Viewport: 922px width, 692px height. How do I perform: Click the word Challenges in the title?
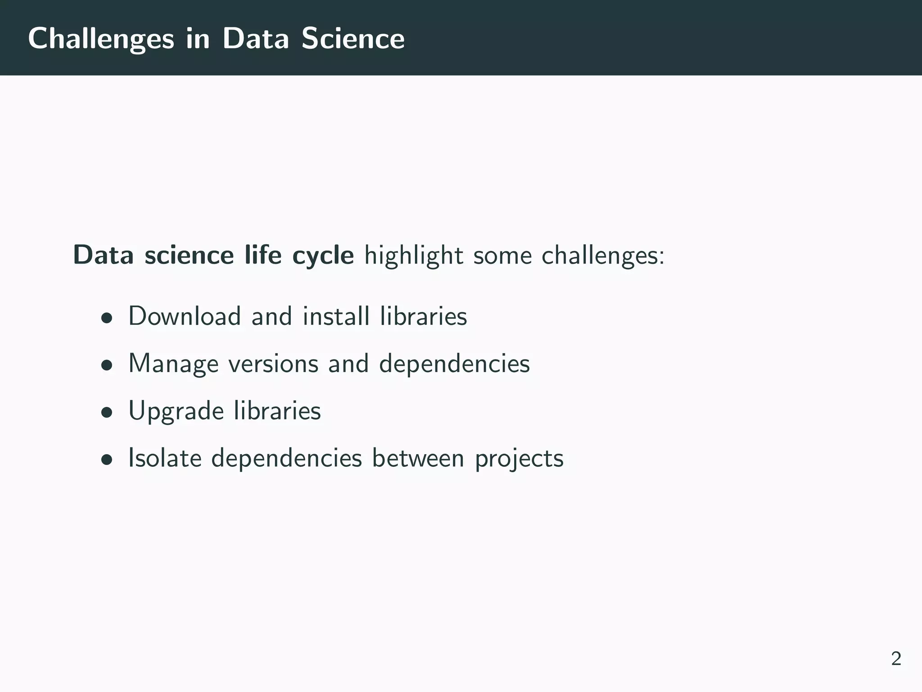[101, 39]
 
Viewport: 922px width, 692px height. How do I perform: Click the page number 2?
[896, 659]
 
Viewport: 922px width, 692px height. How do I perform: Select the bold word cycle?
[323, 256]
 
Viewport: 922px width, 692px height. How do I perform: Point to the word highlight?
[413, 256]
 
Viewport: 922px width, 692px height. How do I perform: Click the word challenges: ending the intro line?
[602, 256]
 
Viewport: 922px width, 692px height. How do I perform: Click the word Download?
[185, 316]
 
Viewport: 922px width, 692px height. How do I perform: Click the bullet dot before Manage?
[107, 366]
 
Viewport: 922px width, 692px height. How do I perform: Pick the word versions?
[273, 364]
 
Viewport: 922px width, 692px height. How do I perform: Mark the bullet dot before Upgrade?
[107, 413]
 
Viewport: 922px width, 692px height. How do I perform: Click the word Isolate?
[165, 458]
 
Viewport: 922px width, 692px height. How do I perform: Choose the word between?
[418, 458]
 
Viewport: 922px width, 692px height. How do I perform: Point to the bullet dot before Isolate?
[107, 460]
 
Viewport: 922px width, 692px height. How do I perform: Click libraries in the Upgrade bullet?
[277, 411]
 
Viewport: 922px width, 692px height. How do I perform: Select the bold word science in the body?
[189, 256]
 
